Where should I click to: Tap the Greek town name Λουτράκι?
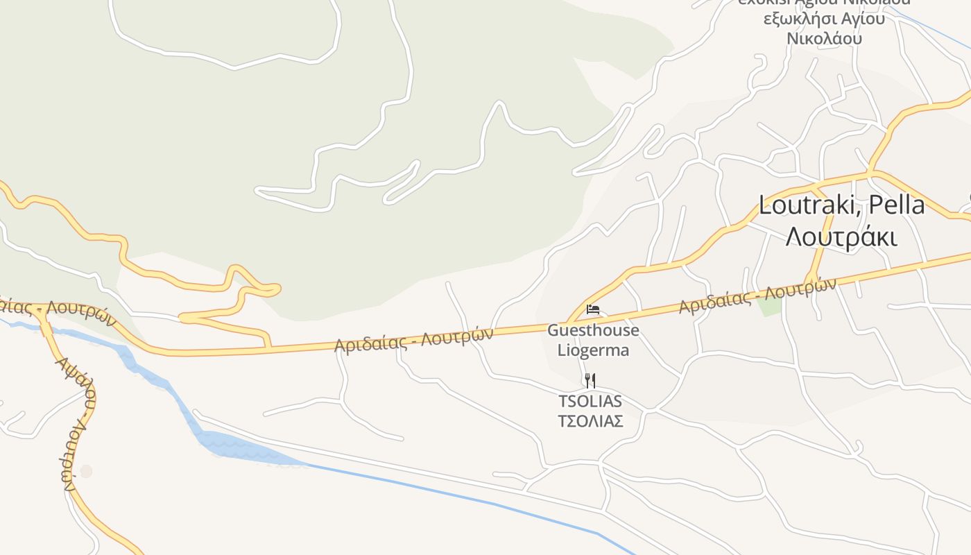click(841, 237)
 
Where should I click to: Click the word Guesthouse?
click(593, 330)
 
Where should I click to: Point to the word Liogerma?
click(593, 350)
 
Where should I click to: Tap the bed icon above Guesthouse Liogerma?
click(593, 309)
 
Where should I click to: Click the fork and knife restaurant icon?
click(590, 380)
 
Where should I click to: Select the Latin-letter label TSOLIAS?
click(590, 401)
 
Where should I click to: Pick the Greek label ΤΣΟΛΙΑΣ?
click(590, 421)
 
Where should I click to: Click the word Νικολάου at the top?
click(824, 38)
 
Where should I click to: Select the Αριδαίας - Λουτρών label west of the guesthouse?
click(413, 339)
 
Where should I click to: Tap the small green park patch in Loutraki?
click(768, 306)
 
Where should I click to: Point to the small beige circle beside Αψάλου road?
click(86, 471)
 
